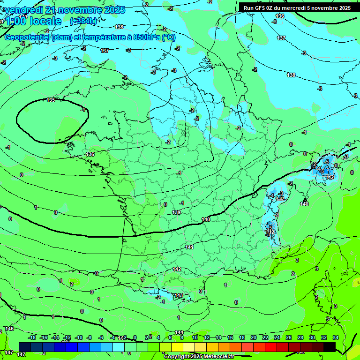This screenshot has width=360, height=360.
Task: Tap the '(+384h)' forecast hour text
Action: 83,21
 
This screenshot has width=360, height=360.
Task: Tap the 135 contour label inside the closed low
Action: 51,100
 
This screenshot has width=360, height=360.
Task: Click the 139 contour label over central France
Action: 176,212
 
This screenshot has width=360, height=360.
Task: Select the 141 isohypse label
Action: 189,247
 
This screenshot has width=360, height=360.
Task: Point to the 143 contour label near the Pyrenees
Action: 178,295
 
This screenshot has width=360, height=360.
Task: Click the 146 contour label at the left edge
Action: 9,329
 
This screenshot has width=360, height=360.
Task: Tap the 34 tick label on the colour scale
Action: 335,337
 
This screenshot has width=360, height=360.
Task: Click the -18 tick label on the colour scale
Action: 32,337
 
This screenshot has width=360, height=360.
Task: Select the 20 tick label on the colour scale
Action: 254,337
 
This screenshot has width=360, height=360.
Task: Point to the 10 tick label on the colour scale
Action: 195,337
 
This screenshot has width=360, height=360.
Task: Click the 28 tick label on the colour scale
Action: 300,337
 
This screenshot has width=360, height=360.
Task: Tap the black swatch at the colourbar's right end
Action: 330,347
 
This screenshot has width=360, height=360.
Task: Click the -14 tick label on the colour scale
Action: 55,337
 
